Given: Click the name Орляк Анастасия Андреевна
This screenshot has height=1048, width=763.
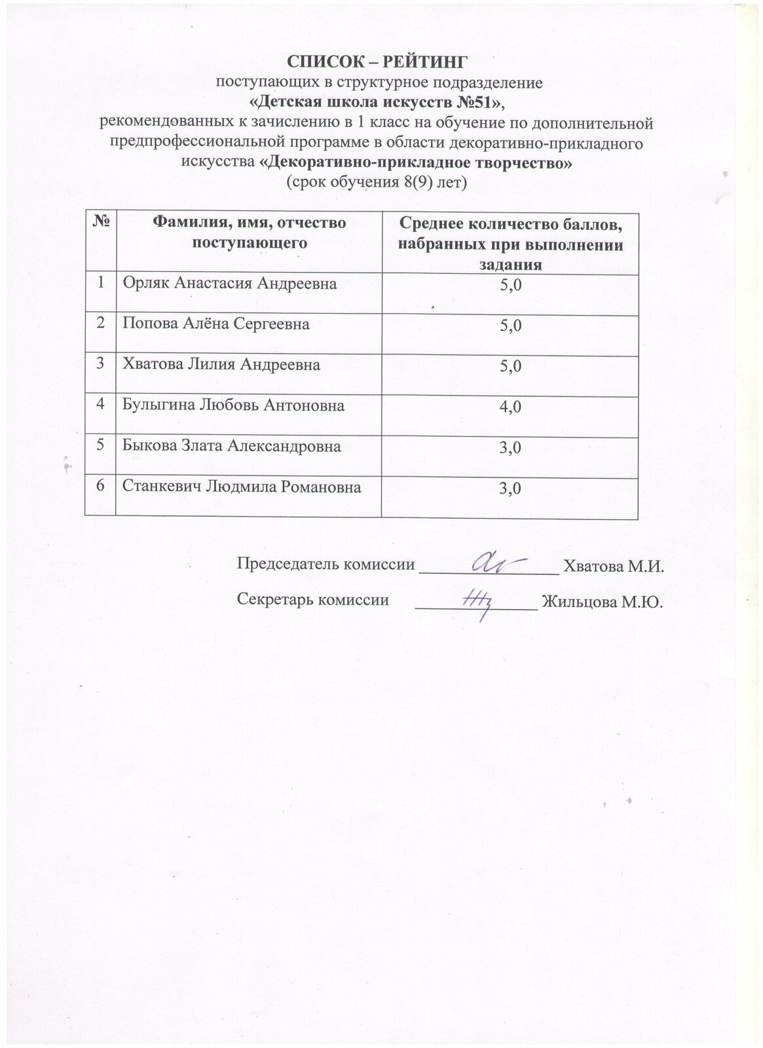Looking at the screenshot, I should coord(231,283).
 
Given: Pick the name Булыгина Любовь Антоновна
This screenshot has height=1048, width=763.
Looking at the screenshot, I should coord(234,405).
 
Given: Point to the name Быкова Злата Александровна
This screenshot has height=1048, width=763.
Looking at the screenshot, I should coord(232,446).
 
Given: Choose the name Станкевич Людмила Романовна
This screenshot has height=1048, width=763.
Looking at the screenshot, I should coord(242,487).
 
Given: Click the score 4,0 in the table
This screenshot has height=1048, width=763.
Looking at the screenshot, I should coord(510,407).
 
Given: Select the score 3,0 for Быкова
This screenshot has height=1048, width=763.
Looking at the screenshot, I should coord(510,448).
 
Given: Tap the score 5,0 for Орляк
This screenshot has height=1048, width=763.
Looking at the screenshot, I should coord(510,285).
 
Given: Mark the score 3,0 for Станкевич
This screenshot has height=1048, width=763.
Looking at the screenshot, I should coord(510,489).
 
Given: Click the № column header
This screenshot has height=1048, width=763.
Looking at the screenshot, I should coord(101,223).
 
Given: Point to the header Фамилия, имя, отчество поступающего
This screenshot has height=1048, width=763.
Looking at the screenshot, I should coord(249,233).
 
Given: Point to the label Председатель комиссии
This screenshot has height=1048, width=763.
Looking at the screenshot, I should coord(326,564).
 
